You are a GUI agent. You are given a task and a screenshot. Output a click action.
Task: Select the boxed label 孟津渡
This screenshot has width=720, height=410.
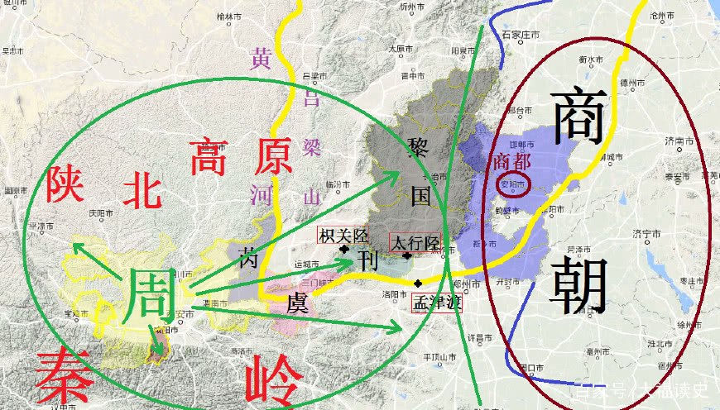[436, 302]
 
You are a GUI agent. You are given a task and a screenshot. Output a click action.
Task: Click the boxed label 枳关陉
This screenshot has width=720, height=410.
[339, 236]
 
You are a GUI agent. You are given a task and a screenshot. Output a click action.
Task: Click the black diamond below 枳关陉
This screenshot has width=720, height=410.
[344, 248]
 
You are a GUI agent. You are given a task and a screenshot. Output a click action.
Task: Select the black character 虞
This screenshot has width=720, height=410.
[299, 303]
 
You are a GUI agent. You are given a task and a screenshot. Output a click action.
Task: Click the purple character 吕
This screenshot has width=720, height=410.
[310, 98]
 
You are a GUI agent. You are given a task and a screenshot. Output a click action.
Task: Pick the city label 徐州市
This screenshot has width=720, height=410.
[689, 324]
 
